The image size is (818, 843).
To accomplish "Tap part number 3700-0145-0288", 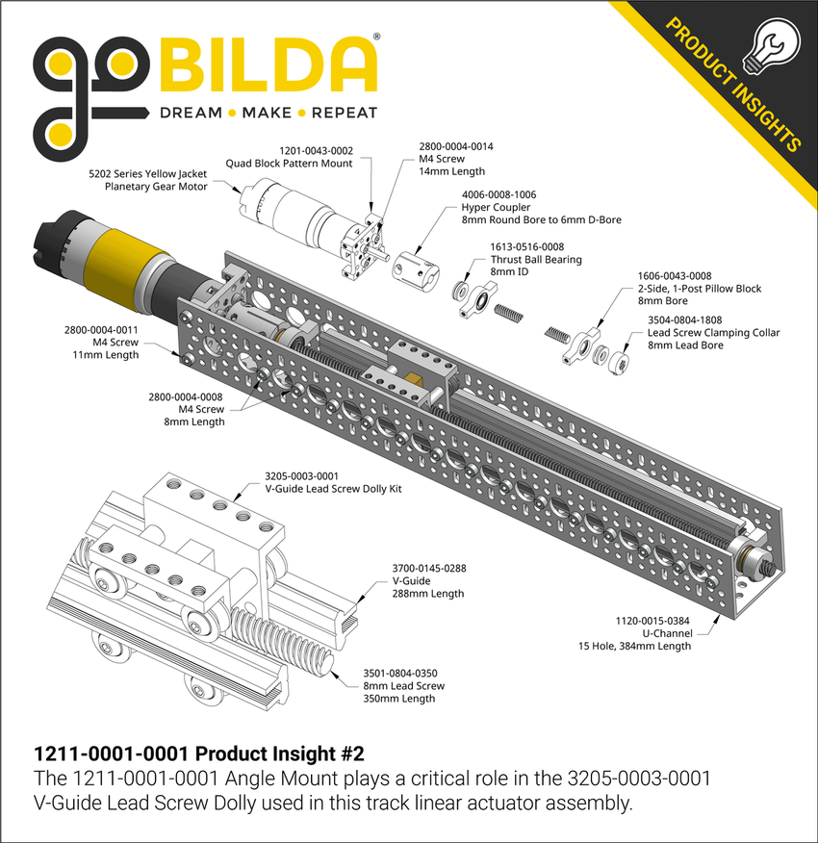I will point(429,569).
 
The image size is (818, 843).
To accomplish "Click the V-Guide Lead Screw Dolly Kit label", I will point(333,489).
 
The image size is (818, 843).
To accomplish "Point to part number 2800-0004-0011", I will point(102,330).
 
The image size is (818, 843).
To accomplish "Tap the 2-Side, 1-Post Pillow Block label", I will point(700,288).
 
